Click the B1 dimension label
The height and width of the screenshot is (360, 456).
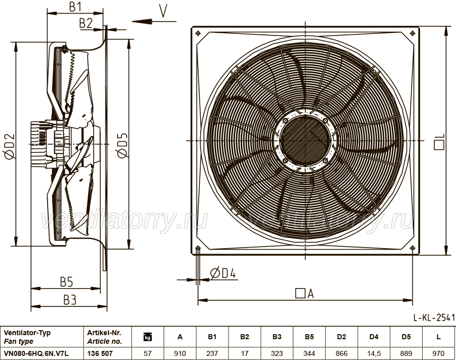(75, 7)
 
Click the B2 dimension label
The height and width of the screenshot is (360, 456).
(86, 23)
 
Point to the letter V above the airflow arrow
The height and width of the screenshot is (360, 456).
(164, 11)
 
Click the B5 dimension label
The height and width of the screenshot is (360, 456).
(66, 282)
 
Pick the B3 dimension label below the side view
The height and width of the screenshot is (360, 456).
(70, 300)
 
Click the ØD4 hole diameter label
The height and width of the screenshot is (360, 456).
(223, 273)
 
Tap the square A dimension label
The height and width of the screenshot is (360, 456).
(305, 294)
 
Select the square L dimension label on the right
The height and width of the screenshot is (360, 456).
(439, 142)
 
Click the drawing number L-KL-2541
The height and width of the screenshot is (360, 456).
(434, 318)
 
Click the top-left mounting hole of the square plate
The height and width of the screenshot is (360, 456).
(198, 33)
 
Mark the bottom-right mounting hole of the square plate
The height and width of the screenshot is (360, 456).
(412, 248)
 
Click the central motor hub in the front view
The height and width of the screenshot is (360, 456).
(305, 140)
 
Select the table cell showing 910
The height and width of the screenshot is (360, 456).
(180, 353)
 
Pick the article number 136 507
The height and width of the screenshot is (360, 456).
(100, 353)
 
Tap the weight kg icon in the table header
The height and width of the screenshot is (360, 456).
(148, 337)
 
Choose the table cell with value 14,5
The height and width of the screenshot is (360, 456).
(374, 353)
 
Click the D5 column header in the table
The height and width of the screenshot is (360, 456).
(406, 337)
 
